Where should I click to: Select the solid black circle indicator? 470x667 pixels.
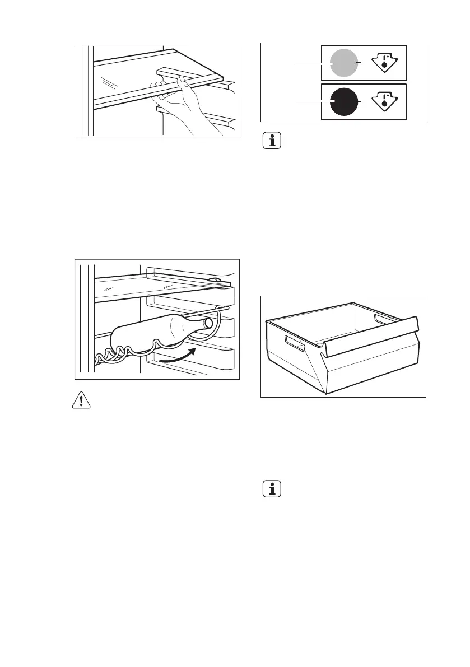click(344, 102)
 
